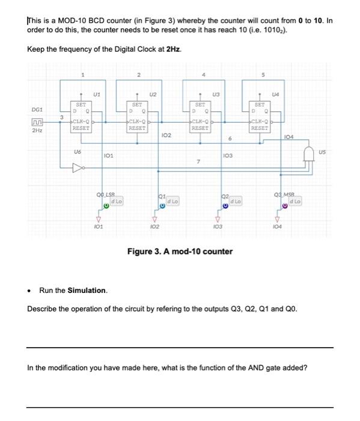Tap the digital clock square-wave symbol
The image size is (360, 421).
point(37,123)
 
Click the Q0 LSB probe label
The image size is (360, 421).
point(106,193)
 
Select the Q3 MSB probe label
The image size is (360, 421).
point(285,193)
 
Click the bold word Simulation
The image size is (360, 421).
point(87,290)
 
